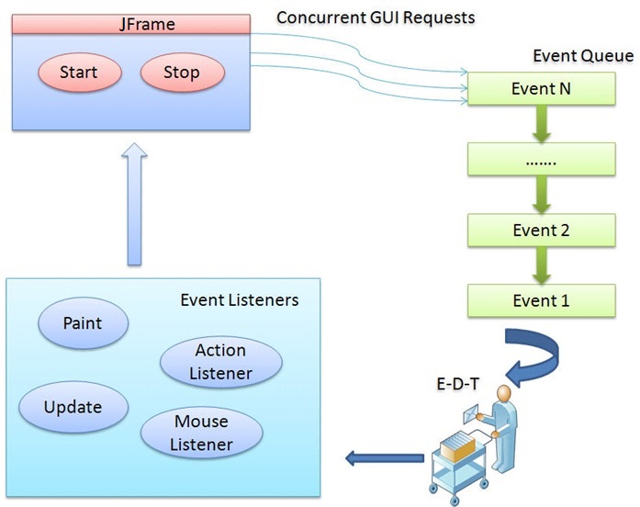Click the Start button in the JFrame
[80, 73]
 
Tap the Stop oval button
[183, 73]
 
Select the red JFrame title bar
[131, 24]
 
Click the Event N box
[541, 88]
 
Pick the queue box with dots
[541, 159]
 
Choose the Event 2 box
[541, 231]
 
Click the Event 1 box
[541, 301]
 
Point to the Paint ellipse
[83, 323]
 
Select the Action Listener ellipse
[220, 362]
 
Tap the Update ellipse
[73, 407]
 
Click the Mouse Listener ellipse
[202, 433]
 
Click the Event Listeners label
[240, 300]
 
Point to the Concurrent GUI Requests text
[376, 17]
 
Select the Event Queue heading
[583, 55]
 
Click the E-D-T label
[457, 384]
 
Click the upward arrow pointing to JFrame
[134, 204]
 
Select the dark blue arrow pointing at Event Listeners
[385, 458]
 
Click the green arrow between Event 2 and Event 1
[541, 265]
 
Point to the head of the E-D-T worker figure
[504, 394]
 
